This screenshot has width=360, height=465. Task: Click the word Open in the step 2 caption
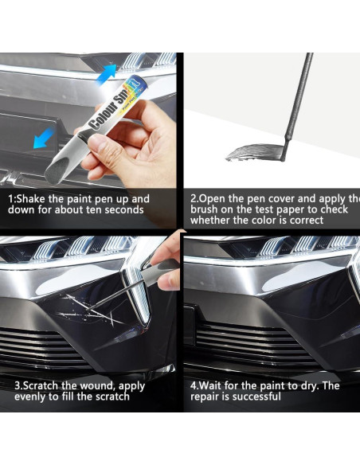pyautogui.click(x=213, y=198)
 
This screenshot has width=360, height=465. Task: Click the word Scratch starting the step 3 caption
pyautogui.click(x=36, y=385)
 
